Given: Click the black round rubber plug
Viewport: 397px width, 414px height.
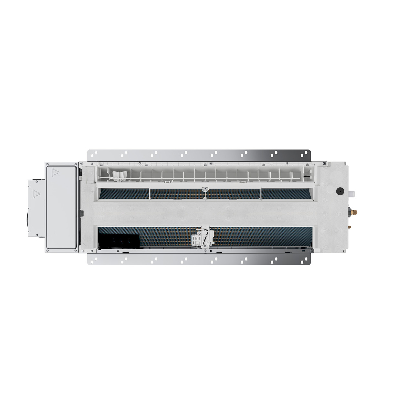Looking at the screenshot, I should [340, 191].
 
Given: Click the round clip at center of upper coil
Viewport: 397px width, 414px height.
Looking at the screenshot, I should [204, 189].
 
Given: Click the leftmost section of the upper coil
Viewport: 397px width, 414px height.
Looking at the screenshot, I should [124, 194].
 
